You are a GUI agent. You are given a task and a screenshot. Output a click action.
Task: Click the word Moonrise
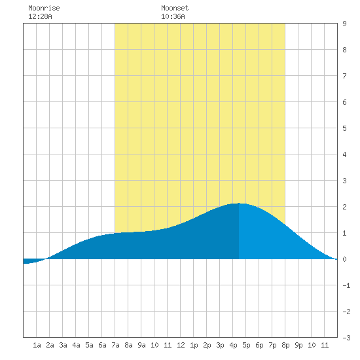(44, 8)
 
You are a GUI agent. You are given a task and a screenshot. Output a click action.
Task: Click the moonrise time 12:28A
(40, 16)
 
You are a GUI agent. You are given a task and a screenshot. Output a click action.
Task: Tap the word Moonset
(175, 8)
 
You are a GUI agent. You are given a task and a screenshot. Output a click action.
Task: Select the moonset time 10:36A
(173, 16)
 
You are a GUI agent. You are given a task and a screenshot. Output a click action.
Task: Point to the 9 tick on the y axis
(344, 24)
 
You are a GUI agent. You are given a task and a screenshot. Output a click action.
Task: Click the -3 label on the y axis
(346, 338)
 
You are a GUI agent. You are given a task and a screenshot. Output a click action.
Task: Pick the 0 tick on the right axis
(344, 259)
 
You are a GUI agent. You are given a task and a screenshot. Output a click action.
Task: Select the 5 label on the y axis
(344, 128)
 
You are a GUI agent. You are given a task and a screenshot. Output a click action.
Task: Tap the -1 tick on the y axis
(346, 285)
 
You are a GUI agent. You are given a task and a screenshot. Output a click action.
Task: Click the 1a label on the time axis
(37, 345)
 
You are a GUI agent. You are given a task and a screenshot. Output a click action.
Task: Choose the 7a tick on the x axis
(115, 345)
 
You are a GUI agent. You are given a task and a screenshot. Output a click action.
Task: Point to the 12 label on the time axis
(181, 345)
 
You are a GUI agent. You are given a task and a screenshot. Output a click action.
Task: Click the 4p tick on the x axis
(233, 345)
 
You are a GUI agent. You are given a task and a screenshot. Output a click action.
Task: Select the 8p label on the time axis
(285, 345)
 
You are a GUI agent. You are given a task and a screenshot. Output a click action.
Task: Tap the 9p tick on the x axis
(298, 345)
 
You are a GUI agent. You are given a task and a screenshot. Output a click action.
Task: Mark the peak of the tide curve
(239, 203)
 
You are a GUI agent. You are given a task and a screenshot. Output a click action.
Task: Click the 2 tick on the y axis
(344, 207)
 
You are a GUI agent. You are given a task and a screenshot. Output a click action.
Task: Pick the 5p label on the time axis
(246, 345)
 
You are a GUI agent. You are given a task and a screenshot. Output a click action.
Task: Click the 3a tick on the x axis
(63, 345)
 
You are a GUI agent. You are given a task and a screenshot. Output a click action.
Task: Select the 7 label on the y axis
(344, 76)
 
